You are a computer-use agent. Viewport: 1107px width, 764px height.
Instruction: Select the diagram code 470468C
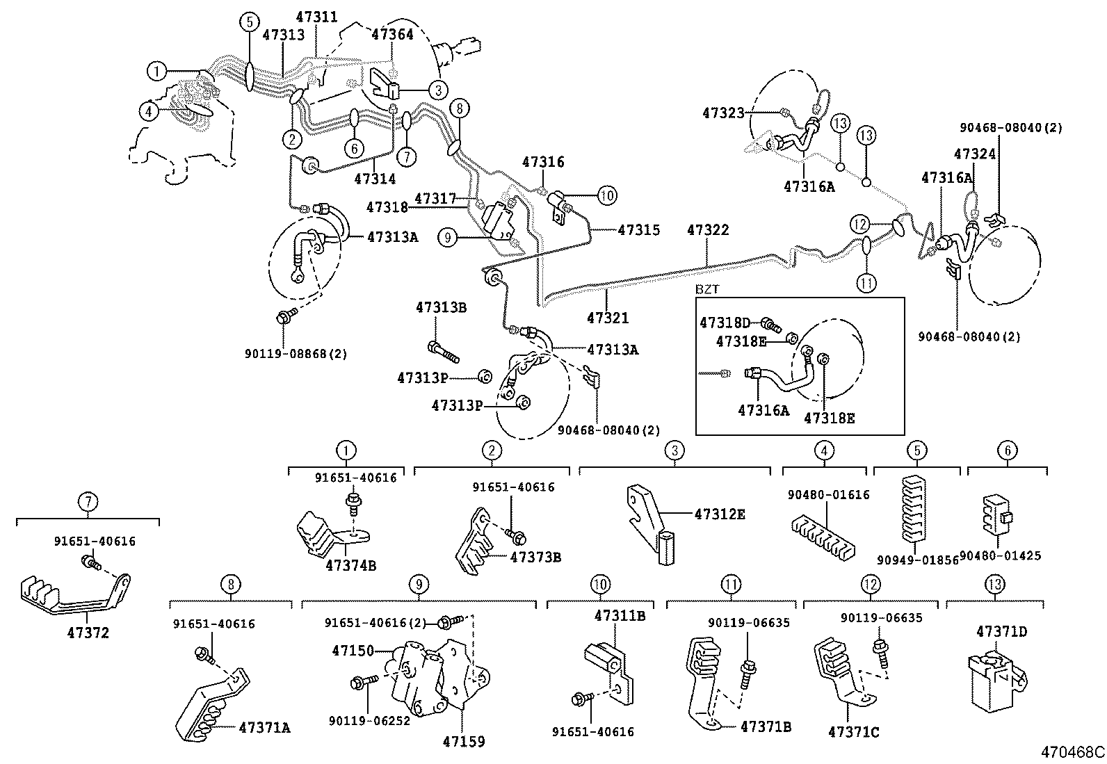[x=1072, y=752]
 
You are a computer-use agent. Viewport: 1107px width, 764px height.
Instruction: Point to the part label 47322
[x=708, y=230]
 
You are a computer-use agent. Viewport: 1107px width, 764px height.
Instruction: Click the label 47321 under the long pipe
[x=607, y=318]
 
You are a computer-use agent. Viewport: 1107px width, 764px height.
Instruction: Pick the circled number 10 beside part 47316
[x=606, y=195]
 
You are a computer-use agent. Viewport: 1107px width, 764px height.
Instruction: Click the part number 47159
[x=463, y=741]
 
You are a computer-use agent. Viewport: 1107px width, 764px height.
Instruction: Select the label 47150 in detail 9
[x=353, y=651]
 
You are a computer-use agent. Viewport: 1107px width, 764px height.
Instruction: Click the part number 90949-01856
[x=917, y=560]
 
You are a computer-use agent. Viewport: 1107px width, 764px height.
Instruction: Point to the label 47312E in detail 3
[x=720, y=514]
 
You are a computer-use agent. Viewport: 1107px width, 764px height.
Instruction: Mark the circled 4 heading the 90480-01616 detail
[x=824, y=450]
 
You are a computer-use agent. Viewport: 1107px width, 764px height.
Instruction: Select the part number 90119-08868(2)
[x=296, y=354]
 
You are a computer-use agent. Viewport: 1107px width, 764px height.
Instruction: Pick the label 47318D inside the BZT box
[x=725, y=323]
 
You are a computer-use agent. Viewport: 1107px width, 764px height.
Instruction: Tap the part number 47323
[x=723, y=113]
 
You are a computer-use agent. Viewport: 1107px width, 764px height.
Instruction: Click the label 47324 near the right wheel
[x=975, y=154]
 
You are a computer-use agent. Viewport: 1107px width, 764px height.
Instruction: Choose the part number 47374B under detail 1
[x=350, y=565]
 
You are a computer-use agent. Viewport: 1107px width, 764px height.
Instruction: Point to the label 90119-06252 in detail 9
[x=369, y=720]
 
